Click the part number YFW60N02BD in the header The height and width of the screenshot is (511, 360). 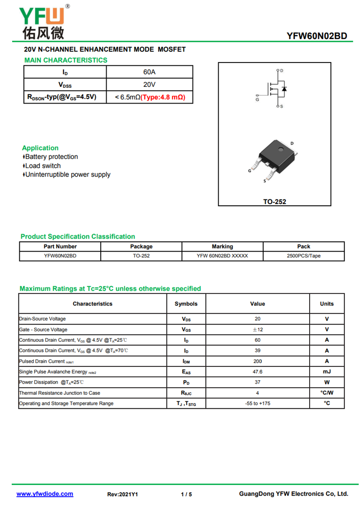317,36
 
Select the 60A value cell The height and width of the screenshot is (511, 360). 149,72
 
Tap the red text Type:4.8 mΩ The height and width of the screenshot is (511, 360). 163,97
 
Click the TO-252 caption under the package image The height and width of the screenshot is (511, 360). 274,202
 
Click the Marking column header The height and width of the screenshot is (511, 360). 222,246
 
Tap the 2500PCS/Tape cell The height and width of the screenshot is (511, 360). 304,256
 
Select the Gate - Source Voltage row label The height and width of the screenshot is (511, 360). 43,330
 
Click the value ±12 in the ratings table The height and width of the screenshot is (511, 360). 257,330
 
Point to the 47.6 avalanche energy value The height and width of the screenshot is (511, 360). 257,372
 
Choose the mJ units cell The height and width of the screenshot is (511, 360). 327,372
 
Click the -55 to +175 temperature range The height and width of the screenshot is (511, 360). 257,403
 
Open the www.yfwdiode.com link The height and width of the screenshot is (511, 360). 45,494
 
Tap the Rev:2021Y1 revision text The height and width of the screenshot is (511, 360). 122,494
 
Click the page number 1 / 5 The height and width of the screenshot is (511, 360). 186,494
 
